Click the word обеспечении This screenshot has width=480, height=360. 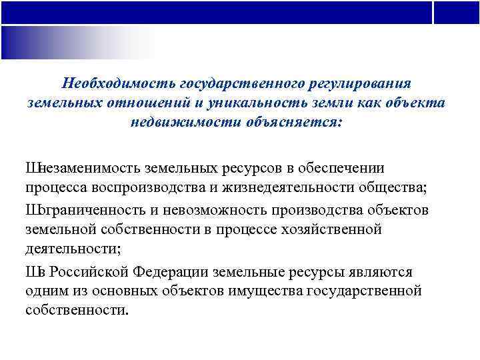coord(341,168)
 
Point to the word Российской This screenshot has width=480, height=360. coord(80,272)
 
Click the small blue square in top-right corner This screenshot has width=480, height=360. coord(457,12)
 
